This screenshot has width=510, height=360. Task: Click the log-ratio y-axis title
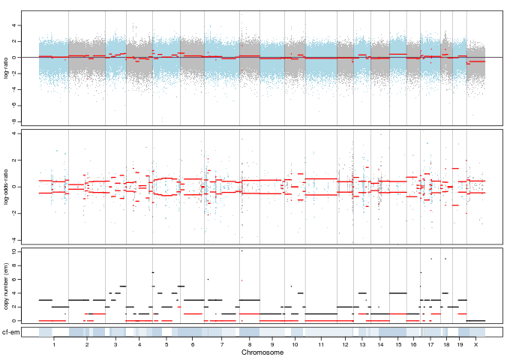click(7, 68)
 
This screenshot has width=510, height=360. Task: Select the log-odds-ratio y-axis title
click(7, 186)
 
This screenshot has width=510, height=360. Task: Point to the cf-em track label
click(10, 331)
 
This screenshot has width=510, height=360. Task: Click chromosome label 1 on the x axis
click(54, 344)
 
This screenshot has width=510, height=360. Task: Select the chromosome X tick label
click(476, 344)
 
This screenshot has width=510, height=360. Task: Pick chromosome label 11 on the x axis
click(321, 344)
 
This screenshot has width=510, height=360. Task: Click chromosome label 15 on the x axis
click(398, 344)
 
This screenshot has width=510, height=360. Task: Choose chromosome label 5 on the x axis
click(166, 344)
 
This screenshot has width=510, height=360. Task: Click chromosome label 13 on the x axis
click(363, 344)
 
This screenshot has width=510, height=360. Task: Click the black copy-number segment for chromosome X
click(476, 320)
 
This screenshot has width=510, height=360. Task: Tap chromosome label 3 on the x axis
click(115, 344)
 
